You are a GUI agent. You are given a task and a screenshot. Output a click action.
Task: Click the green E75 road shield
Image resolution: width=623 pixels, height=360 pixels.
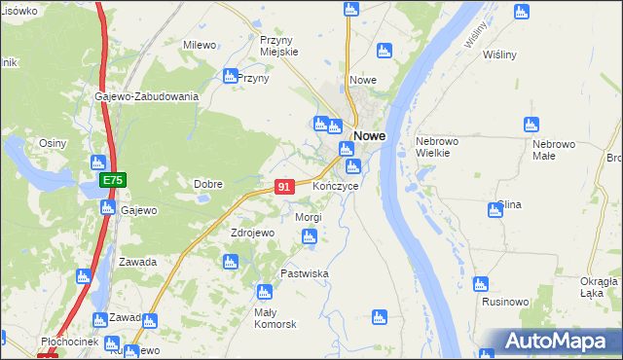tap(113, 181)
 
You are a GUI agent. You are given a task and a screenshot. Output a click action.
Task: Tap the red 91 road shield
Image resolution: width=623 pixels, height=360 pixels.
tap(283, 187)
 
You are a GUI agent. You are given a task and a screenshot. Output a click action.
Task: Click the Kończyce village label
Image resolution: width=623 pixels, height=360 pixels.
tap(336, 185)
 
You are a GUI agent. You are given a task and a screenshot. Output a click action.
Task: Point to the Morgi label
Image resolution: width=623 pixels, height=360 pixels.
tap(308, 217)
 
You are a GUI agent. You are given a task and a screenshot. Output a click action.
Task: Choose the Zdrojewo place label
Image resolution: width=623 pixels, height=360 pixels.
tap(253, 234)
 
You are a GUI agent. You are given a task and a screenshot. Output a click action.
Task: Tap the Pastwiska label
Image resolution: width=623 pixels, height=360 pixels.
tap(304, 274)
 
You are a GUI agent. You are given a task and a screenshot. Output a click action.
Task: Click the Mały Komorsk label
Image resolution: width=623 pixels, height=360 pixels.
tap(275, 317)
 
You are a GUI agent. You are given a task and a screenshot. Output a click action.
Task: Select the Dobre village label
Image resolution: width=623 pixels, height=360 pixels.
tap(208, 184)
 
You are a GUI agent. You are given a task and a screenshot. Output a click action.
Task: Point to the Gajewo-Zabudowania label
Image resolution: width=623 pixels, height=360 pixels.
tap(147, 97)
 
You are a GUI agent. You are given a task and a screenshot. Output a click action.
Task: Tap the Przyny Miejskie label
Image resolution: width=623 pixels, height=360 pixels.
tap(278, 46)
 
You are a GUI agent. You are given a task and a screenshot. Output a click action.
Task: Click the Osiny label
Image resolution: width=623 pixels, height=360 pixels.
tap(53, 143)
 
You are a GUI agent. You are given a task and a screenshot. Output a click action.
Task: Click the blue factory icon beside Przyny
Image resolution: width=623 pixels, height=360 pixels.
tap(230, 75)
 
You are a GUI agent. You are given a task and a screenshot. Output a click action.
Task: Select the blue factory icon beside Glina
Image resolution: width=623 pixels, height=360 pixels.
tap(495, 209)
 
